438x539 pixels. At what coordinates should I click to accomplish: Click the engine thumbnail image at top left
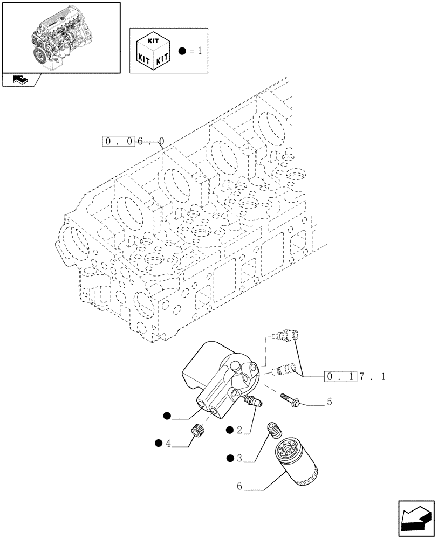point(60,38)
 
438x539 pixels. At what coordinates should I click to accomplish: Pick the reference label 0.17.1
point(355,377)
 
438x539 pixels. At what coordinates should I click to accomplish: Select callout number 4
point(169,443)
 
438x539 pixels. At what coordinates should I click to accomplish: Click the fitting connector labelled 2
point(252,400)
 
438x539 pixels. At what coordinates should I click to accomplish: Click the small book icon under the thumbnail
point(20,80)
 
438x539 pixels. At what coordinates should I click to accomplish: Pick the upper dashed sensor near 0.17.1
point(286,336)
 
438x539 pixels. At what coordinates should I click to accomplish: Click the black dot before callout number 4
point(158,443)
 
